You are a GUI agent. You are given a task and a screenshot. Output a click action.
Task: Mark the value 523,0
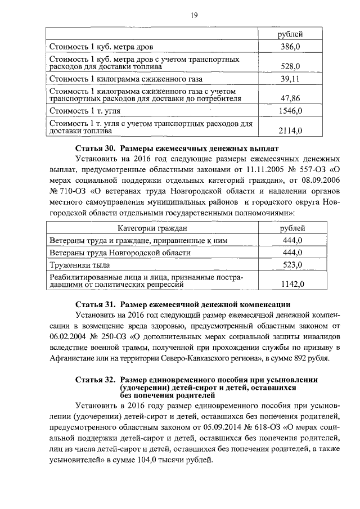coord(292,265)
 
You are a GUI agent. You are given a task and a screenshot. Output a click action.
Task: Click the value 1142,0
coord(292,285)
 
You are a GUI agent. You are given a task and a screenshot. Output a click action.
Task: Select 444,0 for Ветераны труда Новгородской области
coord(292,253)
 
